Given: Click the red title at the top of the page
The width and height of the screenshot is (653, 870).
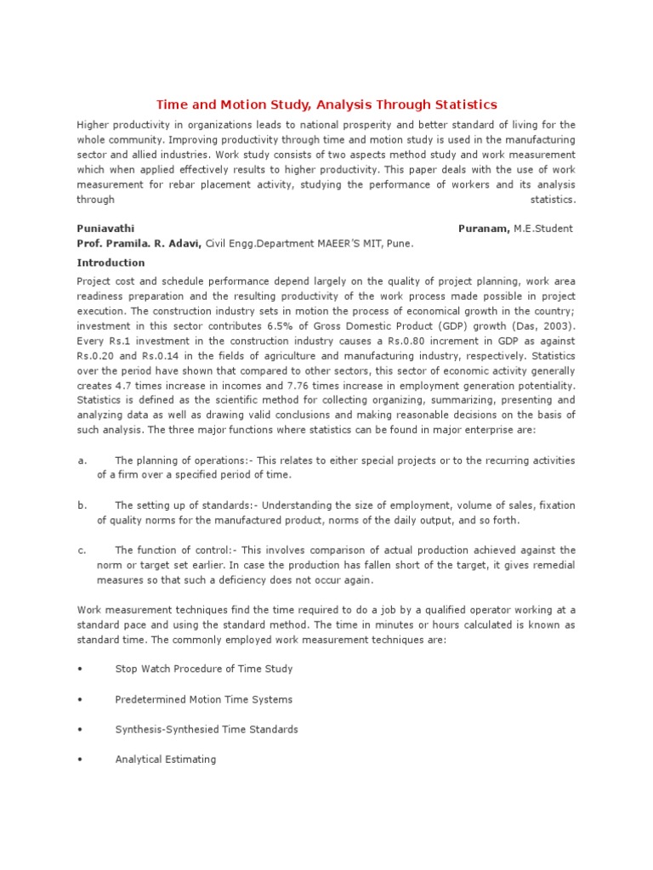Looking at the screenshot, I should coord(326,105).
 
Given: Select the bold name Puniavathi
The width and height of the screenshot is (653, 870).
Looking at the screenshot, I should coord(105,229).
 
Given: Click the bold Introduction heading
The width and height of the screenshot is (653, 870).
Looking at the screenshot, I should coord(111,263).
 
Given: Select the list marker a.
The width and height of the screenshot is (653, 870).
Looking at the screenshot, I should coord(82,460).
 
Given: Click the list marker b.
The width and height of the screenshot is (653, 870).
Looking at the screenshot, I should coord(82,506).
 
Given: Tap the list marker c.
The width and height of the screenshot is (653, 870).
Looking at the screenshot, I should coord(82,551).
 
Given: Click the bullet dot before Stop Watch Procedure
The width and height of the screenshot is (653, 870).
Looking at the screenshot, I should coord(80,669).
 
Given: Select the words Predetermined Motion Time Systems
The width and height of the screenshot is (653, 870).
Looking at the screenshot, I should coord(203,700).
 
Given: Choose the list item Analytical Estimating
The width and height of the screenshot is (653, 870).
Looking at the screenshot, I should coord(165,760).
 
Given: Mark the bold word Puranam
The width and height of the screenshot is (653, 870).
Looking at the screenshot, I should coord(483,229).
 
